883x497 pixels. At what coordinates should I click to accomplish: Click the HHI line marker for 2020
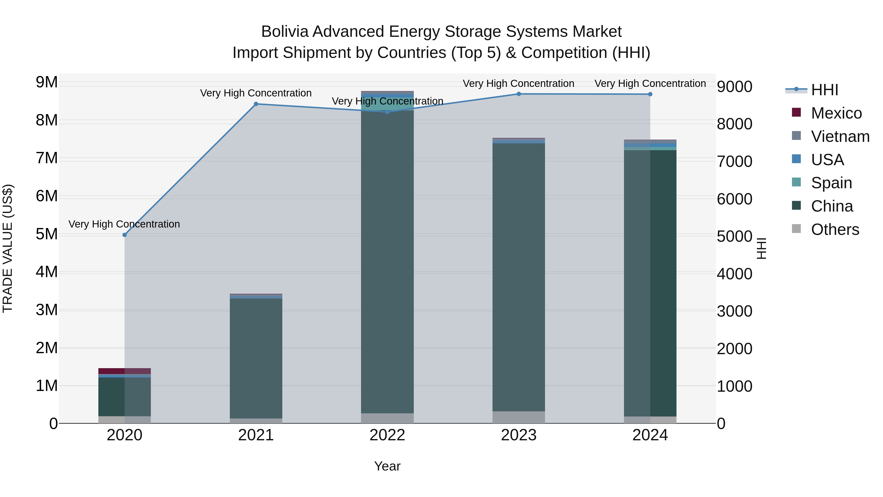(x=124, y=235)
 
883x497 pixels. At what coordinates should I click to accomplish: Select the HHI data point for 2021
(x=256, y=104)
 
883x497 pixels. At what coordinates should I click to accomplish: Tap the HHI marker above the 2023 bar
(x=519, y=94)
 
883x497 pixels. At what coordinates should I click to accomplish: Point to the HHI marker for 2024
(x=650, y=94)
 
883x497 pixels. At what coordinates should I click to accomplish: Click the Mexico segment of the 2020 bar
(x=124, y=371)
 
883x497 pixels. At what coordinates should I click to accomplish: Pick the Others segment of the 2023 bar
(x=519, y=417)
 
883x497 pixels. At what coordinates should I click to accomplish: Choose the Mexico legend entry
(x=836, y=113)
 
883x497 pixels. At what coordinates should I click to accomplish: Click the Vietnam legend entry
(x=840, y=136)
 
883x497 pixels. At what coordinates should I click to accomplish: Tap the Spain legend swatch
(x=796, y=182)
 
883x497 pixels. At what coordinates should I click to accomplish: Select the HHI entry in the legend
(x=824, y=90)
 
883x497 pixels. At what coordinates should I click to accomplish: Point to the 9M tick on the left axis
(x=47, y=82)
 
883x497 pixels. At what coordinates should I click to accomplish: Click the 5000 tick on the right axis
(x=734, y=237)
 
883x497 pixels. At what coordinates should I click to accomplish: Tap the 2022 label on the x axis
(x=387, y=435)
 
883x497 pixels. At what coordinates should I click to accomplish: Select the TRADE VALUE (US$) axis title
(x=8, y=248)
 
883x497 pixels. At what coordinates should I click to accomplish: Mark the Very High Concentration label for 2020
(x=124, y=224)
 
